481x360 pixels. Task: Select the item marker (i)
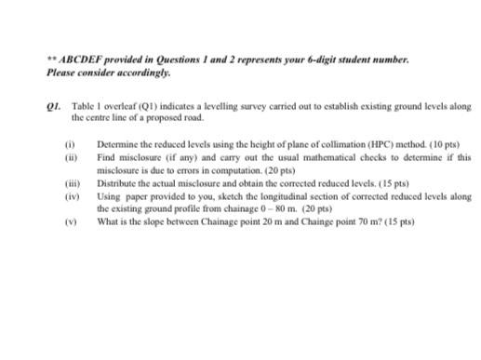(x=67, y=146)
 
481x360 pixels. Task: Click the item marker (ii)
(x=68, y=158)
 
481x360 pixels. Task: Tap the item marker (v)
(x=68, y=221)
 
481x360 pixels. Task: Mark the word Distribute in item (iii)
(x=117, y=184)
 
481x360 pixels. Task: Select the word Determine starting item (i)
(x=118, y=146)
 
